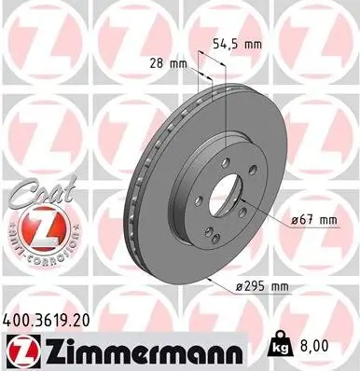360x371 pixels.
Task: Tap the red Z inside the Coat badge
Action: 34,227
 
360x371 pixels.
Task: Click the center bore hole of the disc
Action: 224,189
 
